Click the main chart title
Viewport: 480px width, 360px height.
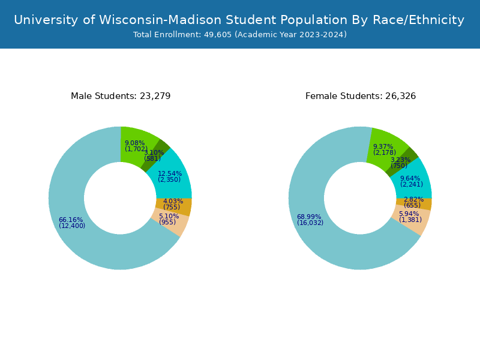239,20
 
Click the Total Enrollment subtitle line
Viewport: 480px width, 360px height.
239,35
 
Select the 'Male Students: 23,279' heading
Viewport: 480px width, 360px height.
121,96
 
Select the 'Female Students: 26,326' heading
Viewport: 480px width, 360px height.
361,96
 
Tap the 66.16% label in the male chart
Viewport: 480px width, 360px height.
71,220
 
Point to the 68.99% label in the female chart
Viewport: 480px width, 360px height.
309,217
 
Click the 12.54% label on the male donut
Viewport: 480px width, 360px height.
170,174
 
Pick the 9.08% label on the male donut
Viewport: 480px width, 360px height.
135,143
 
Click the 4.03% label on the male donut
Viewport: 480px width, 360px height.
173,202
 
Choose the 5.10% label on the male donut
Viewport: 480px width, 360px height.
169,217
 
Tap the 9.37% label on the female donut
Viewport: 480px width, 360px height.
383,147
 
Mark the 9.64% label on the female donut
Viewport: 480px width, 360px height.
410,179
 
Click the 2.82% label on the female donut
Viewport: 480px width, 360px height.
413,200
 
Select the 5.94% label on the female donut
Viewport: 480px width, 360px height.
409,214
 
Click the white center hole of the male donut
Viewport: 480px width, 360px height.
120,198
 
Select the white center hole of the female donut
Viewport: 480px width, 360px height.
360,198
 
